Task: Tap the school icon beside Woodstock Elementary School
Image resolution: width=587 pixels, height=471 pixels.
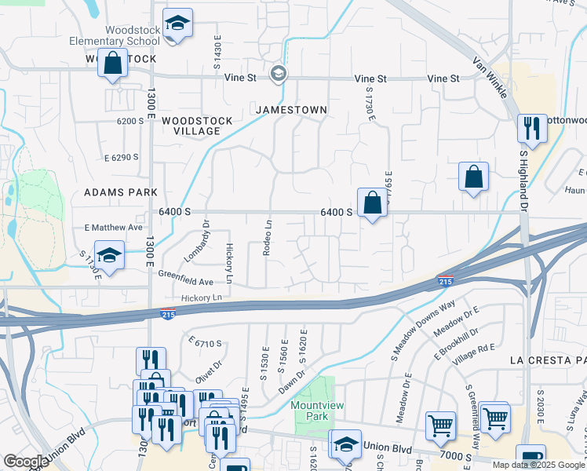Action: [x=178, y=24]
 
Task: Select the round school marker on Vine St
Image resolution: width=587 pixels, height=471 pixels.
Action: [x=277, y=75]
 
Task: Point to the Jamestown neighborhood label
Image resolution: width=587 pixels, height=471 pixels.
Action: [x=290, y=110]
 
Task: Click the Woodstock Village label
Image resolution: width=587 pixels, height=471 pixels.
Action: [x=197, y=126]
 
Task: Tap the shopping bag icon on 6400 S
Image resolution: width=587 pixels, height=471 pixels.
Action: [x=371, y=203]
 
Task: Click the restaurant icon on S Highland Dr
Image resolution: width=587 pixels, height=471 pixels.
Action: [x=533, y=128]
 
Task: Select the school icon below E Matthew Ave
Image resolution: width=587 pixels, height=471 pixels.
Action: [x=110, y=255]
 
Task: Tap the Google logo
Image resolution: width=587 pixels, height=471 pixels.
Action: [x=26, y=462]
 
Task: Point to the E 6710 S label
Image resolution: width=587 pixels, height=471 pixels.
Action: [x=206, y=343]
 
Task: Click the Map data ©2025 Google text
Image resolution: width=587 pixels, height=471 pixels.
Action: [x=538, y=464]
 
